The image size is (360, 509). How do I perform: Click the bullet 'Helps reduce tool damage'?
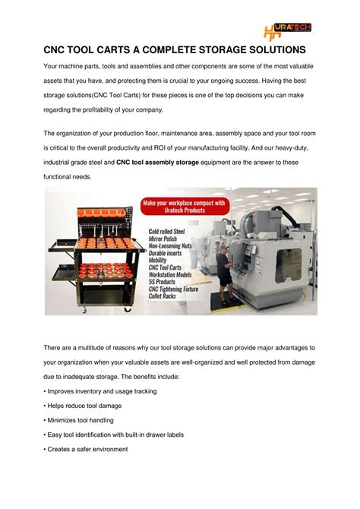(x=84, y=406)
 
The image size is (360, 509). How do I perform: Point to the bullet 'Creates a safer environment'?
(x=87, y=449)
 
